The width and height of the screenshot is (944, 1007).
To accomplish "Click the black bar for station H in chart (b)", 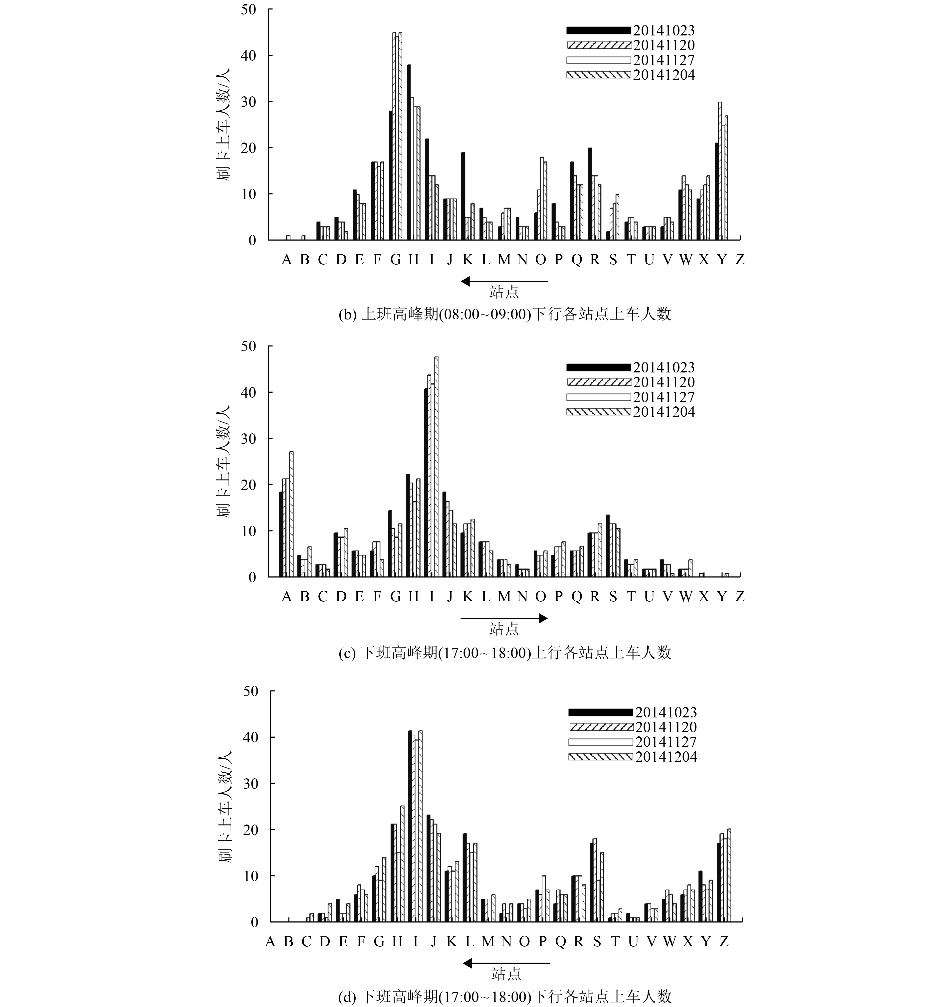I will tap(408, 152).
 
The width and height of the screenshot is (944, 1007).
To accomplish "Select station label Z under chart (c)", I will tap(740, 597).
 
